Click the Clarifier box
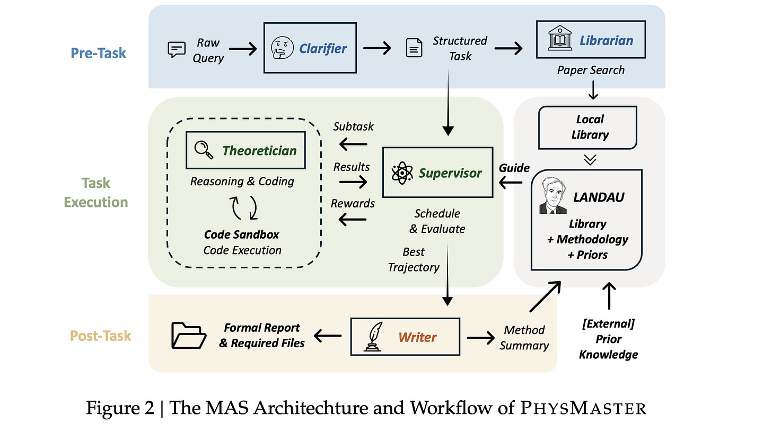tap(310, 48)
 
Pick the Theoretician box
tap(245, 150)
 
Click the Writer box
tap(405, 337)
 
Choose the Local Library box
tap(587, 127)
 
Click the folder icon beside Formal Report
tap(189, 336)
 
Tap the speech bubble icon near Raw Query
tap(177, 49)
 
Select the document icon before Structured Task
tap(414, 48)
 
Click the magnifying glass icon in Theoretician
tap(204, 150)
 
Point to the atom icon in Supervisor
tap(402, 173)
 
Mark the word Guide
tap(514, 168)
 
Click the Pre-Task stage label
tap(99, 52)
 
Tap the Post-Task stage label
tap(101, 336)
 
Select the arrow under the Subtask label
tap(353, 143)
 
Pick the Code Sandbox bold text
tap(242, 234)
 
